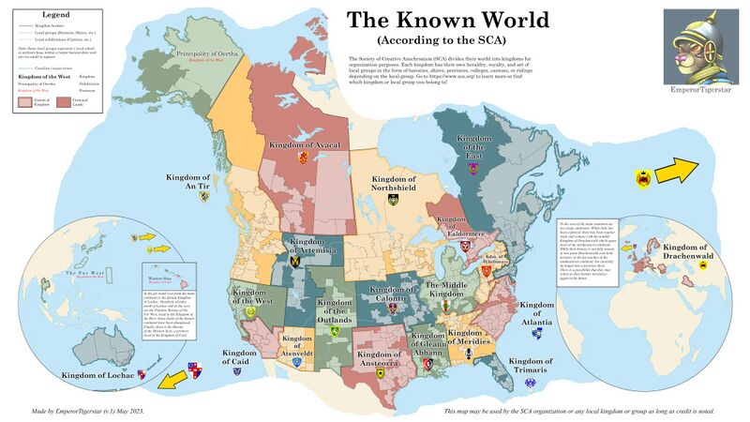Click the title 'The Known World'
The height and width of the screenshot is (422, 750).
(442, 22)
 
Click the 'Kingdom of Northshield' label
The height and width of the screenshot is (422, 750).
(394, 182)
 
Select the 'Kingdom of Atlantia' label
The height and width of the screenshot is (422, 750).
(537, 312)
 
